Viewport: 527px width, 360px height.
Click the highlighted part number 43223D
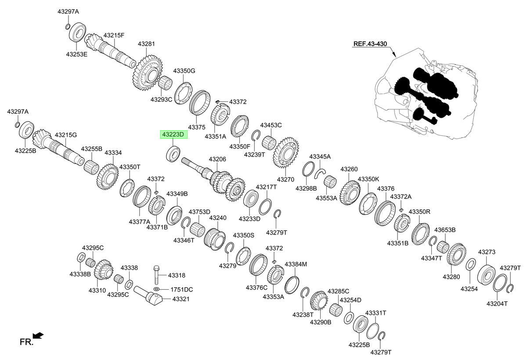tap(173, 134)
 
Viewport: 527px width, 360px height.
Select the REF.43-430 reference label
tap(370, 44)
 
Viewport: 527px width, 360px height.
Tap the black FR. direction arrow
tap(38, 335)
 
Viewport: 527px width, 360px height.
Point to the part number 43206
tap(217, 159)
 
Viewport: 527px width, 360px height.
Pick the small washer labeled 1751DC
tap(157, 289)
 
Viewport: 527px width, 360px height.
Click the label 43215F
tap(114, 35)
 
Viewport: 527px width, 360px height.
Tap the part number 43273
tap(487, 252)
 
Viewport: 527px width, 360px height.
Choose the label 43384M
tap(296, 264)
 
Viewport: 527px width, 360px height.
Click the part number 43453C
tap(271, 125)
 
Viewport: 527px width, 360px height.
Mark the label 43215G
tap(66, 135)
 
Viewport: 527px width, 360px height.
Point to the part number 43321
tap(180, 299)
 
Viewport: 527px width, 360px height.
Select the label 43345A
tap(320, 156)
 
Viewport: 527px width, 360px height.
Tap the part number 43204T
tap(497, 303)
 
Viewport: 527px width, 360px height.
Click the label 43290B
tap(321, 322)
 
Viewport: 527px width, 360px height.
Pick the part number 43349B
tap(177, 194)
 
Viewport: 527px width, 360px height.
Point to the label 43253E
tap(77, 54)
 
